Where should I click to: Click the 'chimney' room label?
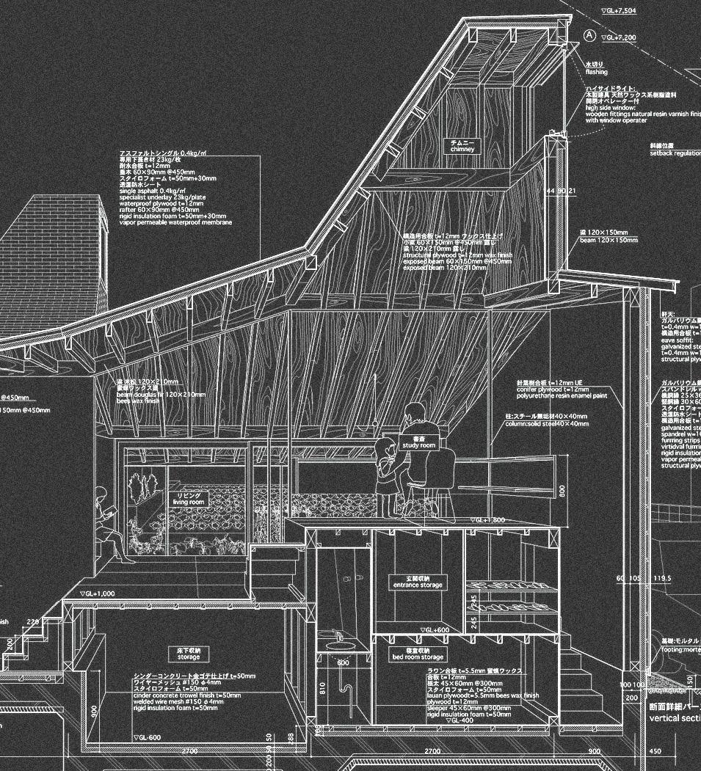[x=462, y=146]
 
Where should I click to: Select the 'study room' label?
[x=418, y=442]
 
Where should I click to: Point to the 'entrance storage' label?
[x=417, y=582]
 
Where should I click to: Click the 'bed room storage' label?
[x=418, y=654]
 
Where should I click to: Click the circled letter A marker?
[x=589, y=34]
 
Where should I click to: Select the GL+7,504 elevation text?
[x=620, y=11]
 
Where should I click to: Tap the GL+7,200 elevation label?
[x=620, y=37]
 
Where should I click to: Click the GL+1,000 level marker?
[x=97, y=593]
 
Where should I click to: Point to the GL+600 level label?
[x=435, y=630]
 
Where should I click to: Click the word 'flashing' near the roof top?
[x=596, y=73]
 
